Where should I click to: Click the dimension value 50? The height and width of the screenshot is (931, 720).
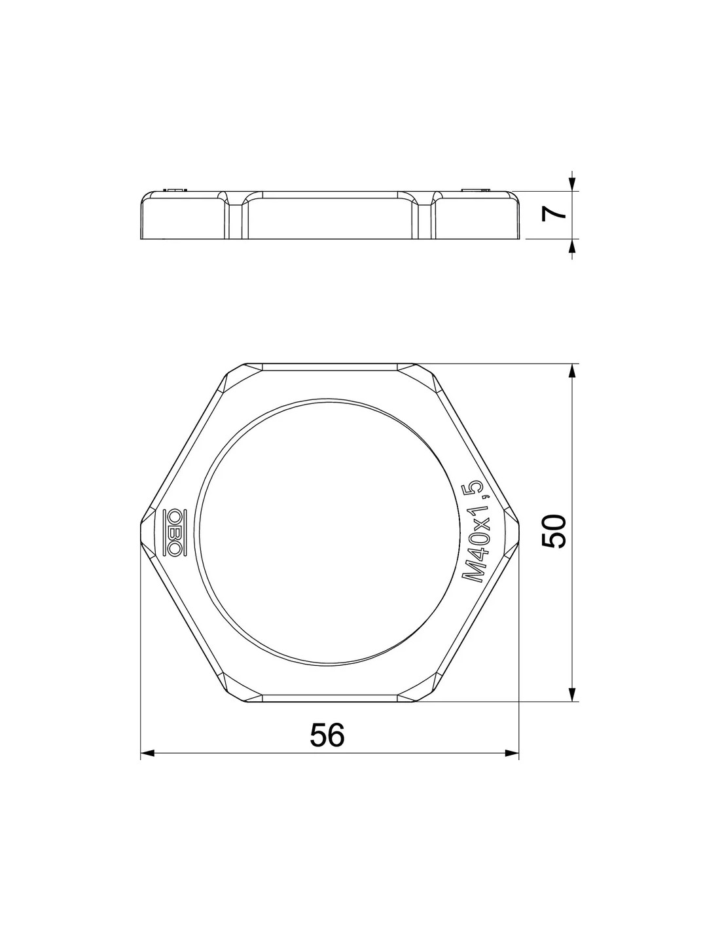click(554, 531)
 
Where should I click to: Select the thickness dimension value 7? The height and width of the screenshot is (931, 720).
click(554, 214)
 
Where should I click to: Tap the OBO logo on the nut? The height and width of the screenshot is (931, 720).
click(174, 533)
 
